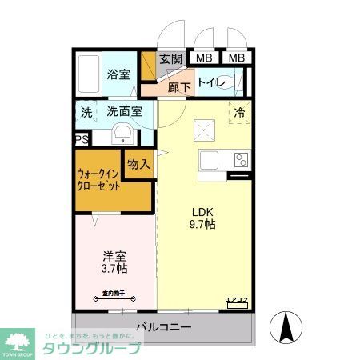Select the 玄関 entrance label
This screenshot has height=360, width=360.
(170, 58)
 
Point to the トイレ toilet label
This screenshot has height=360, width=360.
(211, 82)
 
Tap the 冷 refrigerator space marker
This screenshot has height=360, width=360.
(239, 113)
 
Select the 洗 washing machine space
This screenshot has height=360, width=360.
(86, 112)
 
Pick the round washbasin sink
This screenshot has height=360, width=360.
(122, 133)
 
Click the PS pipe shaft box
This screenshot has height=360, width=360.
(81, 139)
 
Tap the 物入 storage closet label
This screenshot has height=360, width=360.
(138, 164)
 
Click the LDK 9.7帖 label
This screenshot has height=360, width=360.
(202, 218)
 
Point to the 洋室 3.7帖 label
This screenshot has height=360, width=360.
(114, 263)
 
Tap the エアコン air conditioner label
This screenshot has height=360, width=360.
(237, 301)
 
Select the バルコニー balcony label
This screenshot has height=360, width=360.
(162, 326)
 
